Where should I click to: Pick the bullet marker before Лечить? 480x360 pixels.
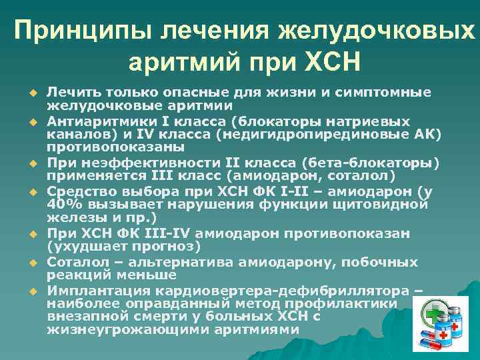coord(31,93)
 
